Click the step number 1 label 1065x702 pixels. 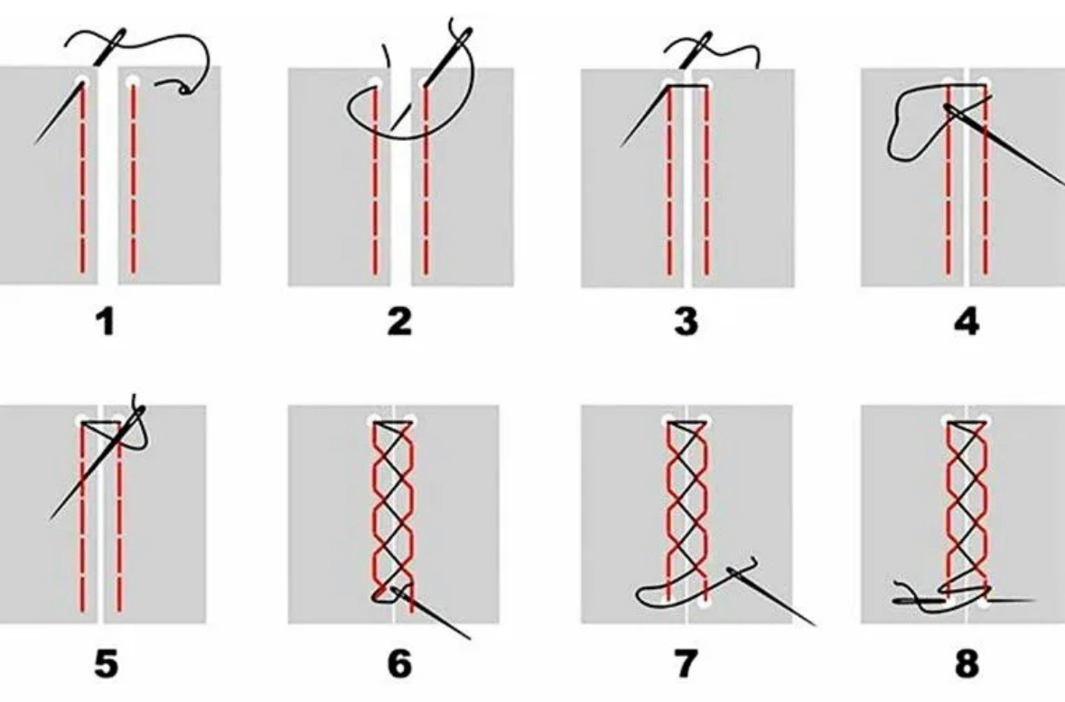click(106, 322)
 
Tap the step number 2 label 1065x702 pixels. click(399, 322)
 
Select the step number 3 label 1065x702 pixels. click(686, 322)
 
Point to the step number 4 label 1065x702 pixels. click(967, 322)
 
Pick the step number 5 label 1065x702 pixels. click(106, 663)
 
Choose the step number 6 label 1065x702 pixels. click(399, 663)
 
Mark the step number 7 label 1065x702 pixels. click(686, 663)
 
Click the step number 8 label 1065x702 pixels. click(967, 663)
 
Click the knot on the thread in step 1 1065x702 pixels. click(184, 89)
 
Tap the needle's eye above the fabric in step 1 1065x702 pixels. click(118, 36)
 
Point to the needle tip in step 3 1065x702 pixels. click(621, 145)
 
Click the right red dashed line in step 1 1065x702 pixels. click(133, 180)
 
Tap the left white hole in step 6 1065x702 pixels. click(375, 421)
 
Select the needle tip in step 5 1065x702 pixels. click(51, 518)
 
